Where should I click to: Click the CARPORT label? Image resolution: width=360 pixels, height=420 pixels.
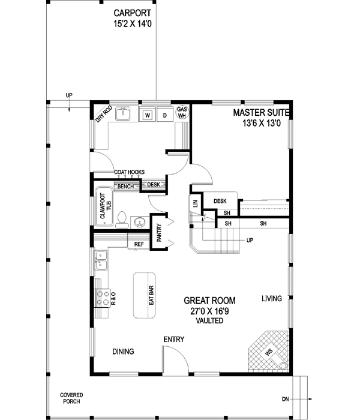[133, 13]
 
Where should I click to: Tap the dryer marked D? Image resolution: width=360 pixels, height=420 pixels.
[164, 114]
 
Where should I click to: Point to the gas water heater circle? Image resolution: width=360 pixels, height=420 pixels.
[182, 113]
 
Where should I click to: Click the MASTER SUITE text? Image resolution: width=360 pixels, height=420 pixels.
[262, 112]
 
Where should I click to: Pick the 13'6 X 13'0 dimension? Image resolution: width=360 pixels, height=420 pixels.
[262, 123]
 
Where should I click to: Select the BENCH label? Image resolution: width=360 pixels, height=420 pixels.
[125, 187]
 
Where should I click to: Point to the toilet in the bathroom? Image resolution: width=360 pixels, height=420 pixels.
[122, 220]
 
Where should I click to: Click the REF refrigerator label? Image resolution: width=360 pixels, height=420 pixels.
[139, 244]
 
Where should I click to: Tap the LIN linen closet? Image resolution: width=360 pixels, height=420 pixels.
[196, 204]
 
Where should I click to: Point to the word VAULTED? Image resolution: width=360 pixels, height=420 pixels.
[209, 321]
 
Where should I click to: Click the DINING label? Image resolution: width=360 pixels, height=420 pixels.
[123, 352]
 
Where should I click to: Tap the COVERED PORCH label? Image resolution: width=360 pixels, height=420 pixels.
[71, 398]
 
